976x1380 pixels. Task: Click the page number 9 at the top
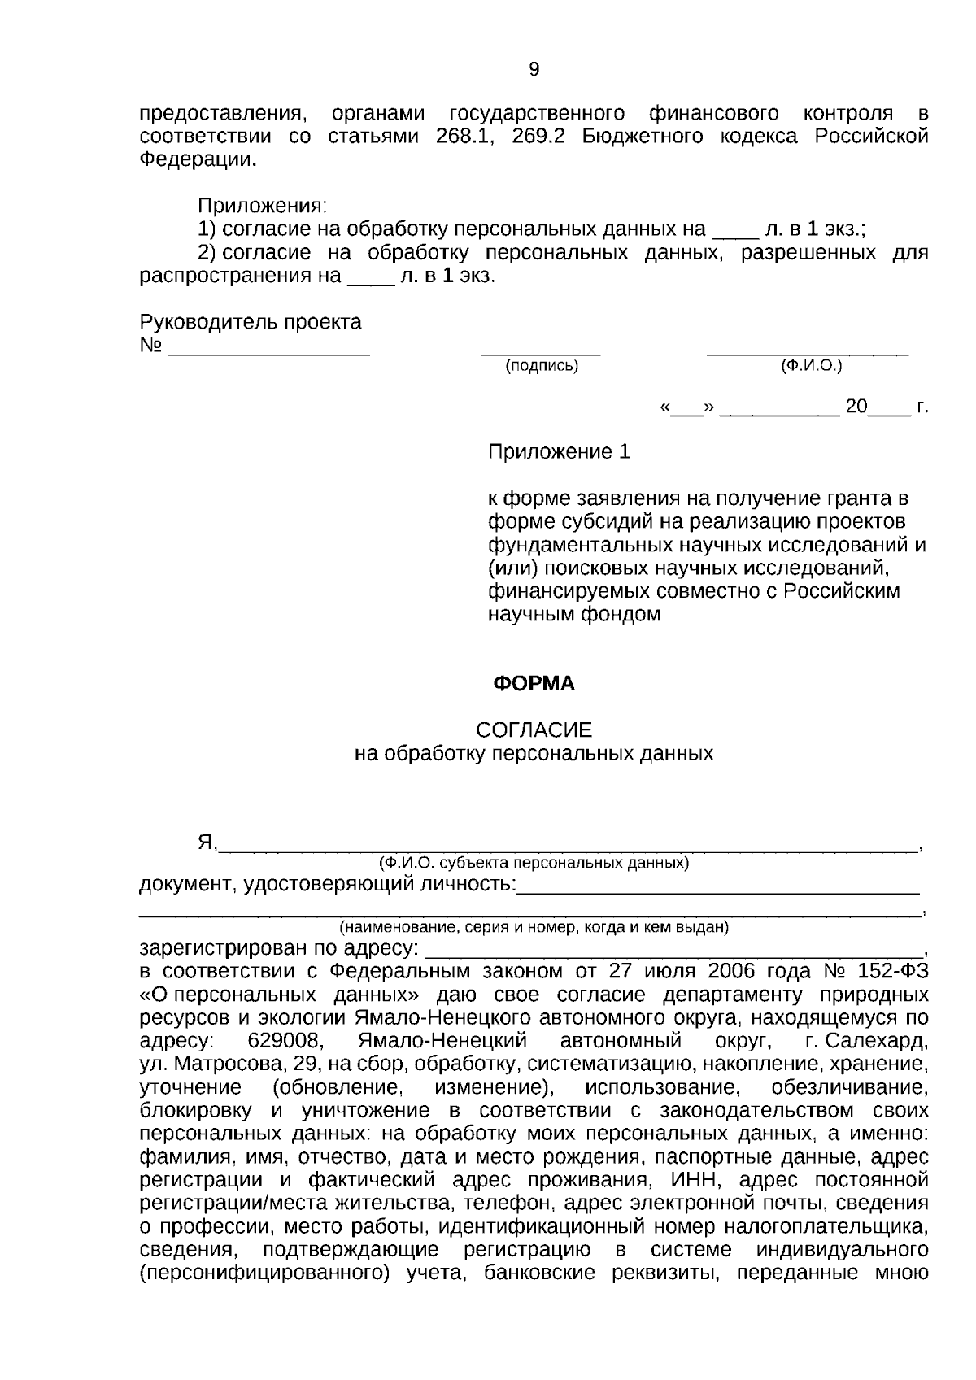[x=534, y=70]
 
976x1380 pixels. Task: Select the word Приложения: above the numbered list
[x=262, y=206]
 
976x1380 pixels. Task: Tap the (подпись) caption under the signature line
[x=542, y=366]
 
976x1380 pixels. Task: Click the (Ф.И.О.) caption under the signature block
[x=811, y=366]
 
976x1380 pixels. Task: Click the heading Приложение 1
[x=559, y=451]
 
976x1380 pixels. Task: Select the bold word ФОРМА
[x=534, y=684]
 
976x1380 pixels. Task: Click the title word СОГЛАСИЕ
[x=534, y=729]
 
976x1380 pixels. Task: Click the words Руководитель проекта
[x=251, y=322]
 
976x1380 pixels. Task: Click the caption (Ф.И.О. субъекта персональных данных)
[x=534, y=863]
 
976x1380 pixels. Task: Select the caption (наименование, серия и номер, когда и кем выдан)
[x=534, y=927]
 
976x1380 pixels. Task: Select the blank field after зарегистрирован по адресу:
[x=675, y=948]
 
